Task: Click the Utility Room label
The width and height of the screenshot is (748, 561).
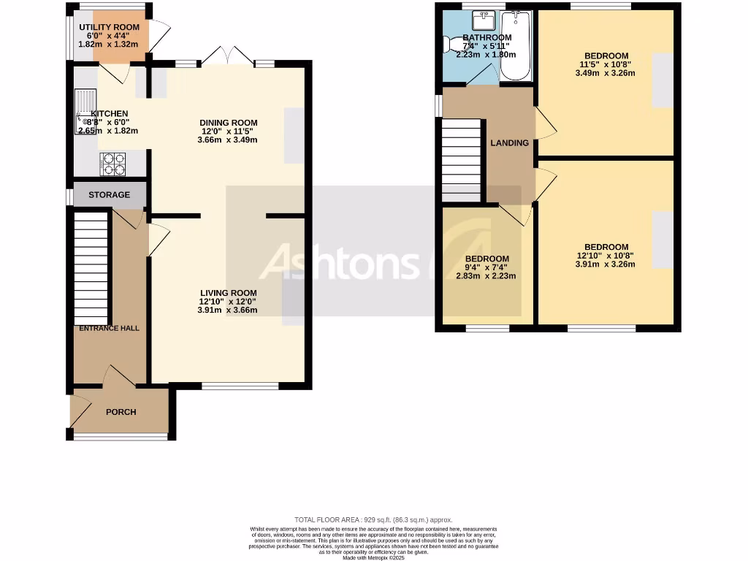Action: click(110, 27)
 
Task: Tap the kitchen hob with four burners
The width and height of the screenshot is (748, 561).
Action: click(112, 164)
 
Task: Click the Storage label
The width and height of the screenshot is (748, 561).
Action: click(110, 195)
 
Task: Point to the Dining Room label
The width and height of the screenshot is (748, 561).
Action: click(229, 123)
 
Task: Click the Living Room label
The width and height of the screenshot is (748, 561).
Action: click(228, 292)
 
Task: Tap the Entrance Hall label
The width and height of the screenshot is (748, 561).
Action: click(110, 328)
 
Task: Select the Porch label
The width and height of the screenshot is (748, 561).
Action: click(121, 412)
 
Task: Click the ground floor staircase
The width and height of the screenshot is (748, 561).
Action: click(91, 267)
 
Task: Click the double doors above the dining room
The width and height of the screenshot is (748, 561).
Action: click(228, 56)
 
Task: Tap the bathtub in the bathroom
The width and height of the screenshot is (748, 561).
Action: click(517, 45)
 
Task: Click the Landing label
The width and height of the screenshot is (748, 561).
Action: click(509, 143)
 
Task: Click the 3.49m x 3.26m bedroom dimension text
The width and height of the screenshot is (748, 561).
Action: click(606, 73)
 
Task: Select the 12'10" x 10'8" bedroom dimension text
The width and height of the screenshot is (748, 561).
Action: click(606, 256)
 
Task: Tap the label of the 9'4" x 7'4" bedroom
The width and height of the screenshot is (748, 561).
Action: click(487, 259)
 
